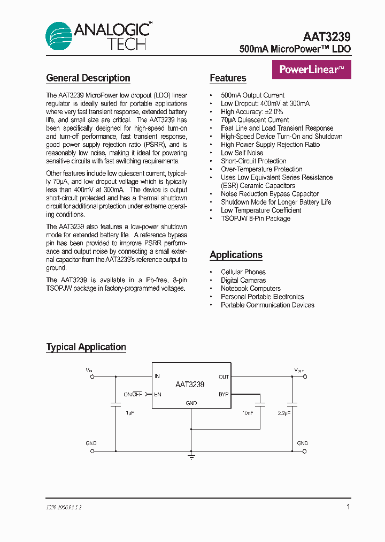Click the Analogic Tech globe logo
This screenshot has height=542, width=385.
[x=59, y=36]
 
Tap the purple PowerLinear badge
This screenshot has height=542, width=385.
[x=312, y=70]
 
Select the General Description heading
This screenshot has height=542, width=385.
[x=88, y=78]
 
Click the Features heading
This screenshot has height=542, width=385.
[x=228, y=78]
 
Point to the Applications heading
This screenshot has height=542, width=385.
[x=236, y=255]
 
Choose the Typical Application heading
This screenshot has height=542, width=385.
[x=86, y=347]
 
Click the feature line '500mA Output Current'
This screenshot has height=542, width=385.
[x=252, y=95]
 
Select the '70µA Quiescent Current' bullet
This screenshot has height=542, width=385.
[x=255, y=120]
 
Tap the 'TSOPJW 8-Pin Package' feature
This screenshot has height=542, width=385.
[x=256, y=219]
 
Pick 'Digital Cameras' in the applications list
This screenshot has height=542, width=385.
[x=243, y=280]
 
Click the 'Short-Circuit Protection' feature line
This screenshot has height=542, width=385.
[x=253, y=161]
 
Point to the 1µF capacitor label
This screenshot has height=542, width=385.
[x=130, y=413]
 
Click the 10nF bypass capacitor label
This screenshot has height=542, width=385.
[x=248, y=413]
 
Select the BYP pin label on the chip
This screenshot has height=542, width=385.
[x=224, y=394]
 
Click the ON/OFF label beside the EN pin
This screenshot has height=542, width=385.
[x=133, y=394]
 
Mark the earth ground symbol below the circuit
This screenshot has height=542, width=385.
[x=191, y=457]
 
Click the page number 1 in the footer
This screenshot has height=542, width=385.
[x=348, y=507]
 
